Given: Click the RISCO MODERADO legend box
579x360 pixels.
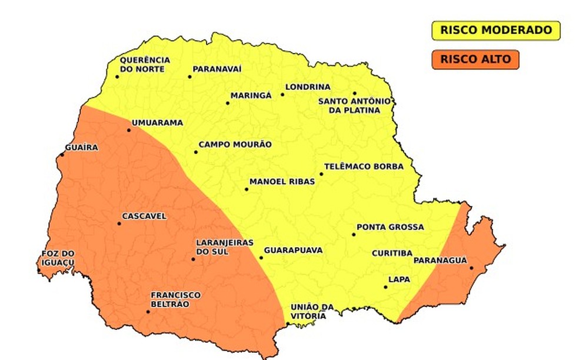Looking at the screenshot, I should (x=496, y=31).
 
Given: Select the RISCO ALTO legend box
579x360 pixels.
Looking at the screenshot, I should (x=475, y=59).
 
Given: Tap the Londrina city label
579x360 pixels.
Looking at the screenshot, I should (x=308, y=88).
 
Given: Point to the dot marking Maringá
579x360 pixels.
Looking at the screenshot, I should (x=228, y=104).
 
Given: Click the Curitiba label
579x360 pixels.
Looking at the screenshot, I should (x=391, y=254).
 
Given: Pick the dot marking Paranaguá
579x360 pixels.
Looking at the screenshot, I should (x=471, y=268).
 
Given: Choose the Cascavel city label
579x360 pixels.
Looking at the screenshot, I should (x=144, y=216).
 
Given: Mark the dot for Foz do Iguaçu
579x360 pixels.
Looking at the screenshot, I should (x=39, y=271).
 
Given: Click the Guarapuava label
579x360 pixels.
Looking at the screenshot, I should (x=293, y=250).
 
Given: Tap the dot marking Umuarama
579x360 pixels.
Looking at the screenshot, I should (x=129, y=130).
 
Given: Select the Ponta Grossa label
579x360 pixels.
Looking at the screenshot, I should (x=390, y=227).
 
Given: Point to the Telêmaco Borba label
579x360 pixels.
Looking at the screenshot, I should (x=364, y=166).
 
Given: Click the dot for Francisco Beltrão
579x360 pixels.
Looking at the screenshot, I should (x=148, y=312).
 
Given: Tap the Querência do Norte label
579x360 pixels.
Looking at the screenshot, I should (x=145, y=64).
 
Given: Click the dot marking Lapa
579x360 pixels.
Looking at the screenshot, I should (x=385, y=287).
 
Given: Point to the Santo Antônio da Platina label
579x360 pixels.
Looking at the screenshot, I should (x=355, y=105).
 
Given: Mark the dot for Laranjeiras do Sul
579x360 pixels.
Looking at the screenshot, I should (x=193, y=259).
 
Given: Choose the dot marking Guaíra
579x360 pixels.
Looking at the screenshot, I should (x=62, y=155).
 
